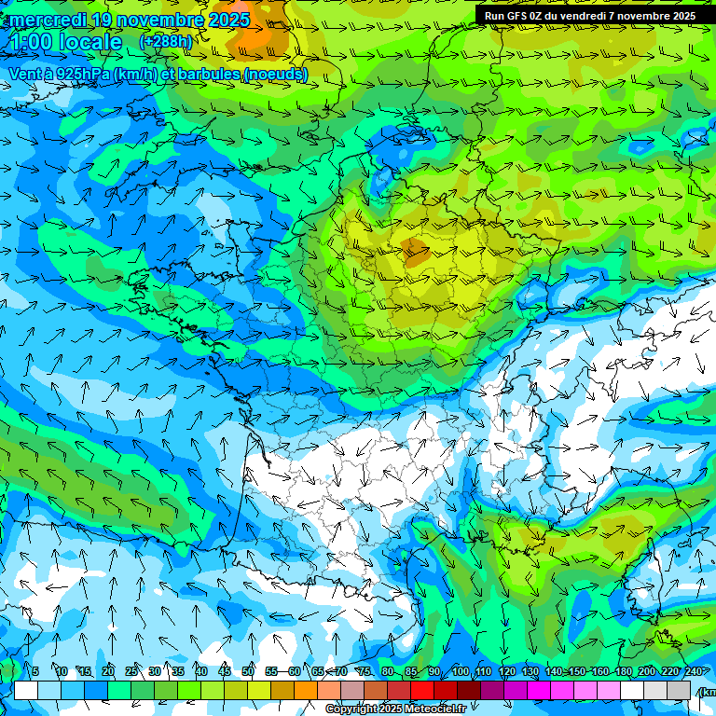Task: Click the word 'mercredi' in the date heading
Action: pyautogui.click(x=48, y=20)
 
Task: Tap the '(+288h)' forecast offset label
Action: pyautogui.click(x=165, y=41)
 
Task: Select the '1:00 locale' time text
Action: pyautogui.click(x=65, y=42)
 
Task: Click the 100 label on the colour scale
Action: pyautogui.click(x=460, y=671)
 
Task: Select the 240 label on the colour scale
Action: pyautogui.click(x=693, y=671)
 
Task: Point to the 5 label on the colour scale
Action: pyautogui.click(x=35, y=671)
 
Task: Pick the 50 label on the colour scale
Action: pyautogui.click(x=248, y=671)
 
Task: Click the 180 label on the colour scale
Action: pyautogui.click(x=623, y=671)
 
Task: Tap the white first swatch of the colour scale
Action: pyautogui.click(x=26, y=690)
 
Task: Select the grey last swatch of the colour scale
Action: pyautogui.click(x=679, y=690)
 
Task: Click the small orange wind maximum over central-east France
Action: pyautogui.click(x=414, y=248)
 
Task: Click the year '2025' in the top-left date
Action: pyautogui.click(x=228, y=20)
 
